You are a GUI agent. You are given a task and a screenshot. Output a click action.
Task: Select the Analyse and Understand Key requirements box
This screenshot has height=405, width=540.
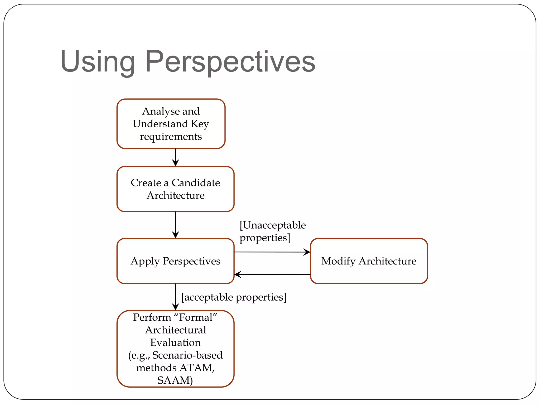point(171,124)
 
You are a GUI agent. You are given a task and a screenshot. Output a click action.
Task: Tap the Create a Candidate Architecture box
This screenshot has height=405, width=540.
point(175,189)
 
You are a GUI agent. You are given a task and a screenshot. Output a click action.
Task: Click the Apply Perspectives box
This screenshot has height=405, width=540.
point(175,261)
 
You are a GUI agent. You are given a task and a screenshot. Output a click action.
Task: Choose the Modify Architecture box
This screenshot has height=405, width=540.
point(369,261)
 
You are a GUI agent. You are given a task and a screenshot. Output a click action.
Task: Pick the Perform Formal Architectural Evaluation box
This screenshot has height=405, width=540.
point(175,349)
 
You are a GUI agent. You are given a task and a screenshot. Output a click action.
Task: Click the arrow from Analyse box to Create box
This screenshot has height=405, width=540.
point(175,157)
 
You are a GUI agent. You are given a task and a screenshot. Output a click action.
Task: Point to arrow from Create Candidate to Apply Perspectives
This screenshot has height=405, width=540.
point(175,225)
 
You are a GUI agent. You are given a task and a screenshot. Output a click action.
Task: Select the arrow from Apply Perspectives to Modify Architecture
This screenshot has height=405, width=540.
point(272,252)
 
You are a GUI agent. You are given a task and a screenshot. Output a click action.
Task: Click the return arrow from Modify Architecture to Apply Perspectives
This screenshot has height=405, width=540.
point(272,274)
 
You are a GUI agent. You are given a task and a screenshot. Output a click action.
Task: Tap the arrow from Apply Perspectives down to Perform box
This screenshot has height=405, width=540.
point(175,297)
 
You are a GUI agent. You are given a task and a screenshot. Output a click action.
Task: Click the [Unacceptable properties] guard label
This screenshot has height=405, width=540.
point(272,232)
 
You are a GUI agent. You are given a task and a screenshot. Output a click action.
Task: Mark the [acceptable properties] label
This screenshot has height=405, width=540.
point(234,297)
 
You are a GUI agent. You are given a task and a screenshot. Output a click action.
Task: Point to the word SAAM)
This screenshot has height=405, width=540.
point(175,380)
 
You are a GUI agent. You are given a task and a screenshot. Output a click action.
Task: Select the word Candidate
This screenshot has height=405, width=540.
point(196,183)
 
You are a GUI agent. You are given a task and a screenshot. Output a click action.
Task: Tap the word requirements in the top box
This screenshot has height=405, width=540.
point(171,137)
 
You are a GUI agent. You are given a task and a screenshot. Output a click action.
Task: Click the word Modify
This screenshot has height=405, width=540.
point(338,261)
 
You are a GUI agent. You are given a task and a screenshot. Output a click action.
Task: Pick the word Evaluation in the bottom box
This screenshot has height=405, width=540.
point(175,343)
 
